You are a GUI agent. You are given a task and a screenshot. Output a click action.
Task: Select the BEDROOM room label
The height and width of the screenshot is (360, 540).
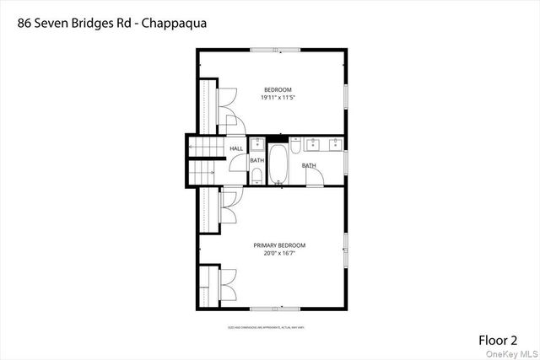[x=278, y=89]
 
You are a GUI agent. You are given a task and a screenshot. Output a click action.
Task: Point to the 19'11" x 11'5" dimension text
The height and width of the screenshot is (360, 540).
[x=278, y=98]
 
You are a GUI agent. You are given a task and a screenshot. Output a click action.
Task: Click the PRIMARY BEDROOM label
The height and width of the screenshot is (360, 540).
[x=279, y=245]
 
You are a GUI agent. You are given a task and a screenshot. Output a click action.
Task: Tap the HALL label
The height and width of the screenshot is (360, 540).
[x=236, y=148]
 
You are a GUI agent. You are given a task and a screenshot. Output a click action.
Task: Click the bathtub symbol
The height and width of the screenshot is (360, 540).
[x=278, y=165]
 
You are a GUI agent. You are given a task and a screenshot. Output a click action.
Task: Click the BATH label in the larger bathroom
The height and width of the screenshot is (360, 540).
[x=309, y=165]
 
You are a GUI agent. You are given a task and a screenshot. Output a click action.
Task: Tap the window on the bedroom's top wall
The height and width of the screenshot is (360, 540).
[x=274, y=51]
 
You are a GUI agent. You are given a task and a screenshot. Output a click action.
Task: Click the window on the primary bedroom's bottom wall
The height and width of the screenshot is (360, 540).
[x=274, y=309]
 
